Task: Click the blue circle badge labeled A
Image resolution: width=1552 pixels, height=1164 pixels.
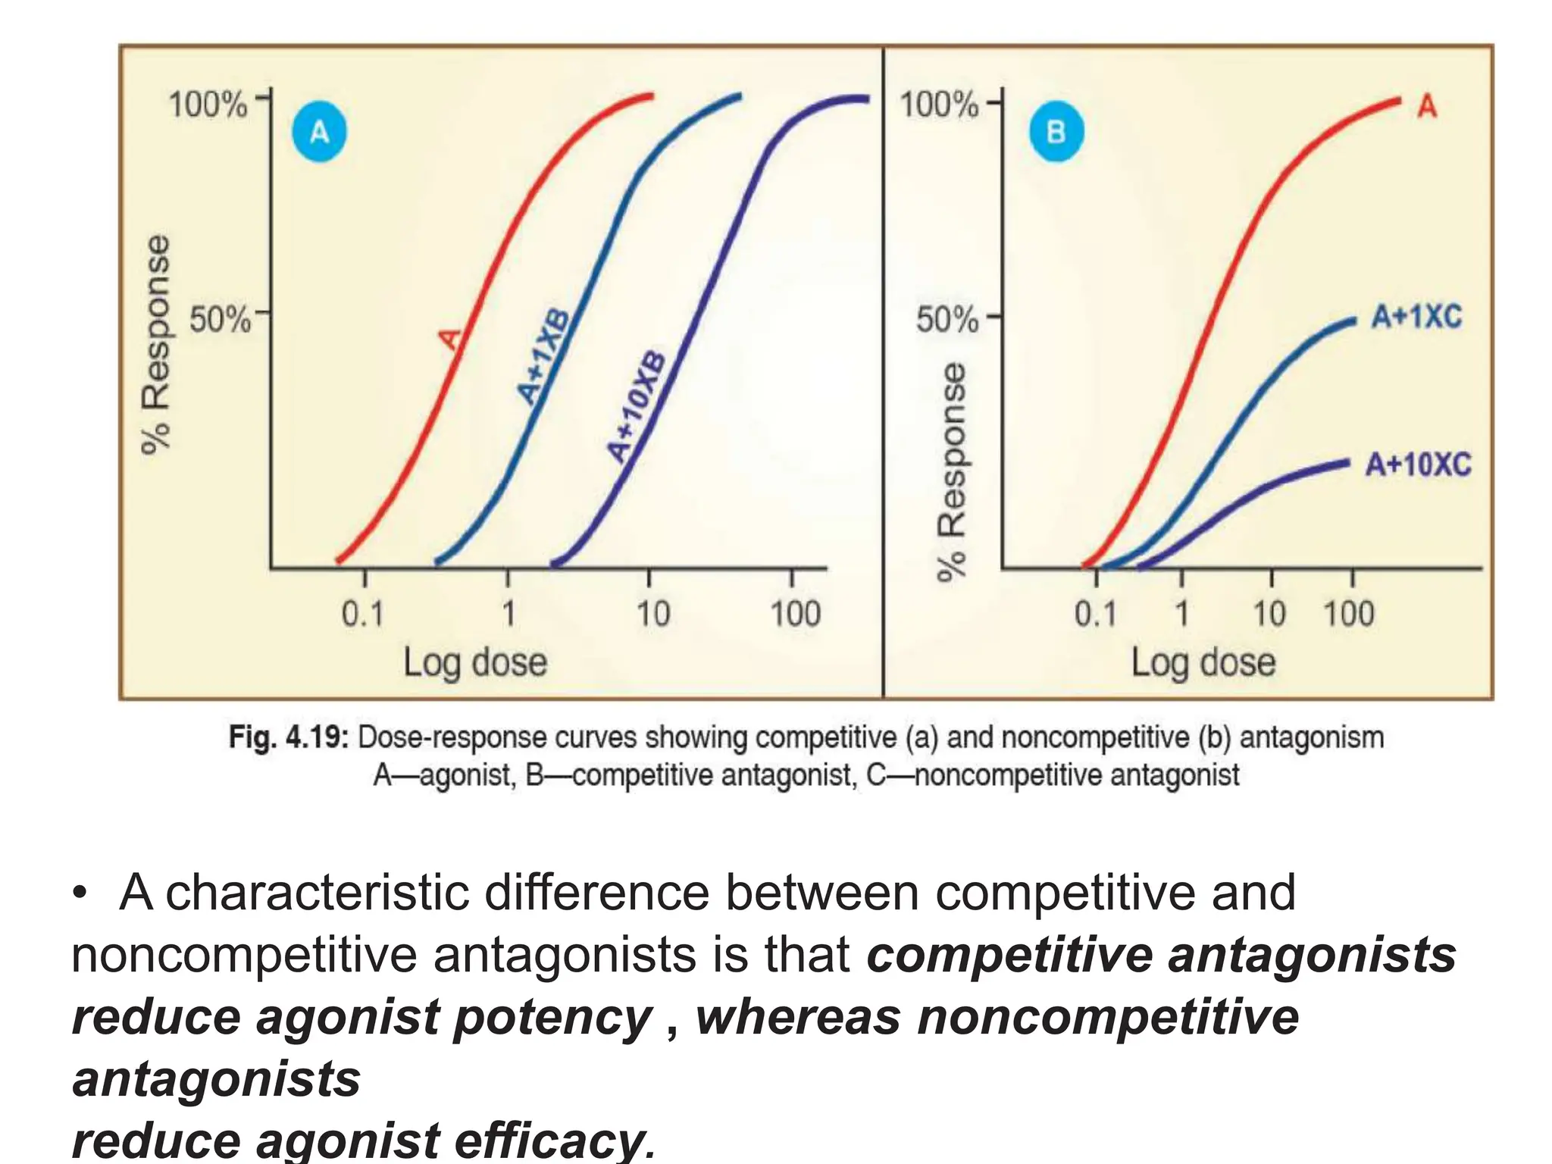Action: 320,133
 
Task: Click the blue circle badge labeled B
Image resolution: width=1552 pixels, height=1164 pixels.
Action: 1056,132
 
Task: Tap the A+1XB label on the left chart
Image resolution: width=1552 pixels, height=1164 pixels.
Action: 544,356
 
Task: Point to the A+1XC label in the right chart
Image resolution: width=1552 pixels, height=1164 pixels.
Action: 1416,316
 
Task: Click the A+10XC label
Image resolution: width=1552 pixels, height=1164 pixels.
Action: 1418,464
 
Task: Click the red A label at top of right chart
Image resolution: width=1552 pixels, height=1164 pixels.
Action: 1427,106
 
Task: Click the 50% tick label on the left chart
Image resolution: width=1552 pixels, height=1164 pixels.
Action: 219,319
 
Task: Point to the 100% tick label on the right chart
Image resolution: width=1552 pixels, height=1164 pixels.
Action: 938,104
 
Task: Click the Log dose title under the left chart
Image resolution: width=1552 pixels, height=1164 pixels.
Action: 474,662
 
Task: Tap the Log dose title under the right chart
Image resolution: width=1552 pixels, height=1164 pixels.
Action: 1203,662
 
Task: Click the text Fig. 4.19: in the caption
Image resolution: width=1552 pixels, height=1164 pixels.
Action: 288,737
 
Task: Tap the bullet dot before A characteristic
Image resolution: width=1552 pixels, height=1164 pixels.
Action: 80,894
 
